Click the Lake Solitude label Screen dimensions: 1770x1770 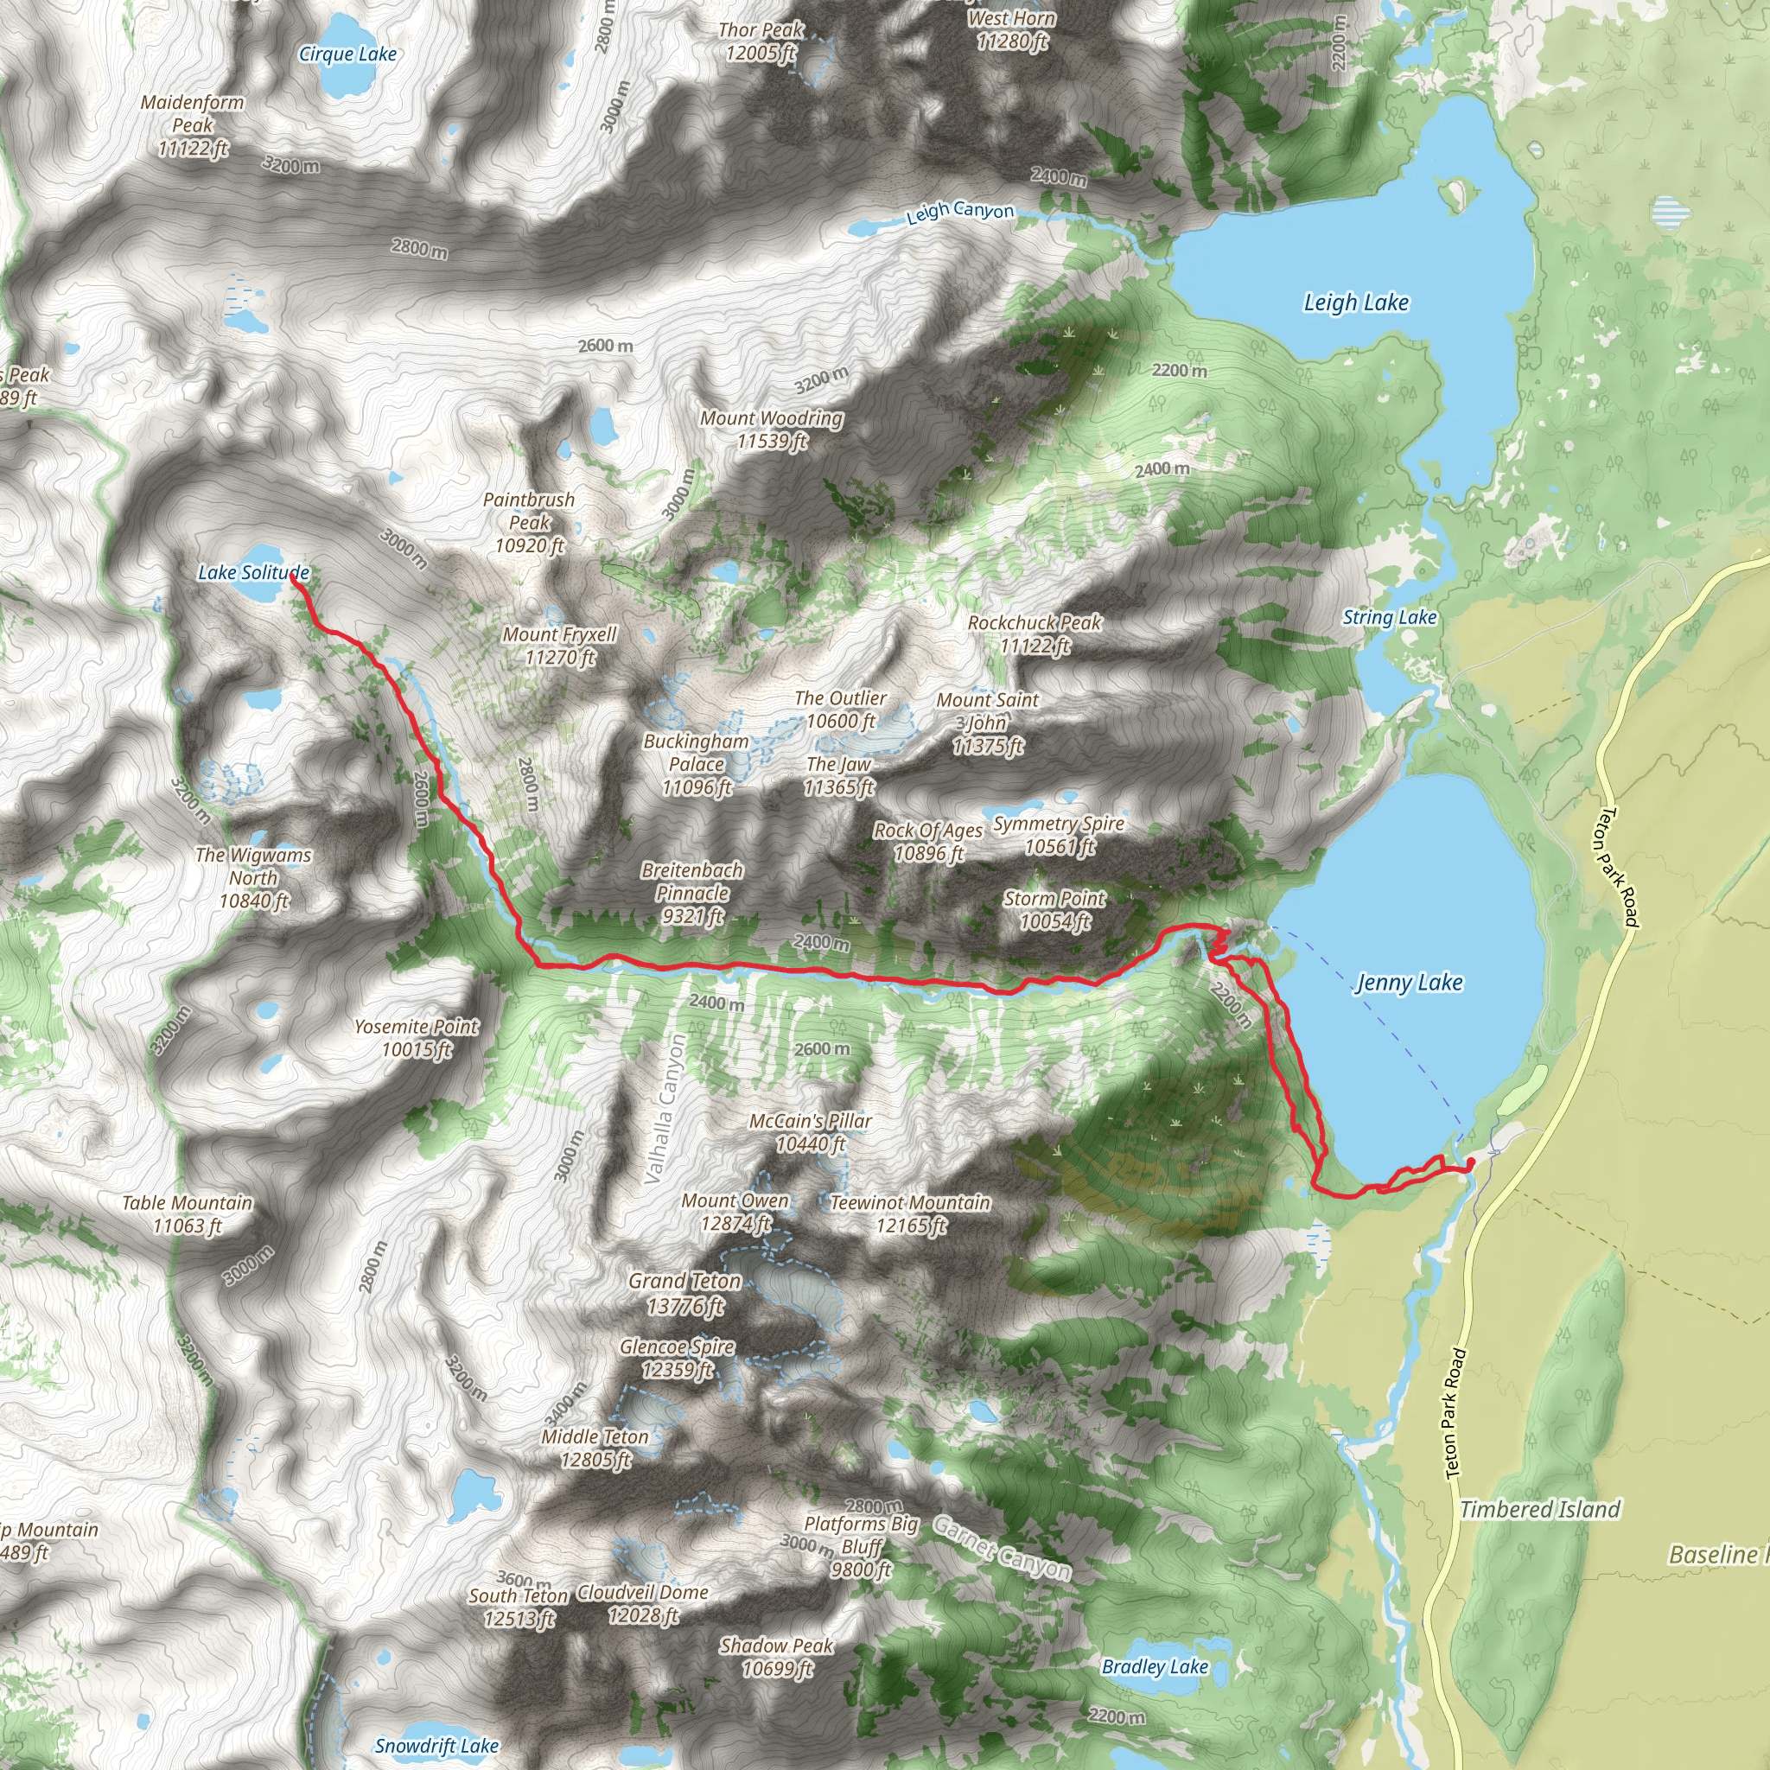click(253, 573)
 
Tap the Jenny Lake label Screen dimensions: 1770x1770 click(1408, 983)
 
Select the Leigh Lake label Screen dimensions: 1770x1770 click(1355, 303)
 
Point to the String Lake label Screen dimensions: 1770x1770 click(1389, 617)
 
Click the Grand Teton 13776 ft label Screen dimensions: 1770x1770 click(684, 1293)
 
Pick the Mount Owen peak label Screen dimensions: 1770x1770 click(735, 1212)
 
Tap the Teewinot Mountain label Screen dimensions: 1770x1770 click(910, 1213)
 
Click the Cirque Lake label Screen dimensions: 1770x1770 click(347, 55)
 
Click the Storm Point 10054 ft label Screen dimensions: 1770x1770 click(1054, 910)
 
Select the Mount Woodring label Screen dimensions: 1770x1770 click(772, 430)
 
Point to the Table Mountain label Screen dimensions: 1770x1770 click(187, 1214)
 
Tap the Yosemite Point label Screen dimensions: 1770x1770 click(416, 1038)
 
